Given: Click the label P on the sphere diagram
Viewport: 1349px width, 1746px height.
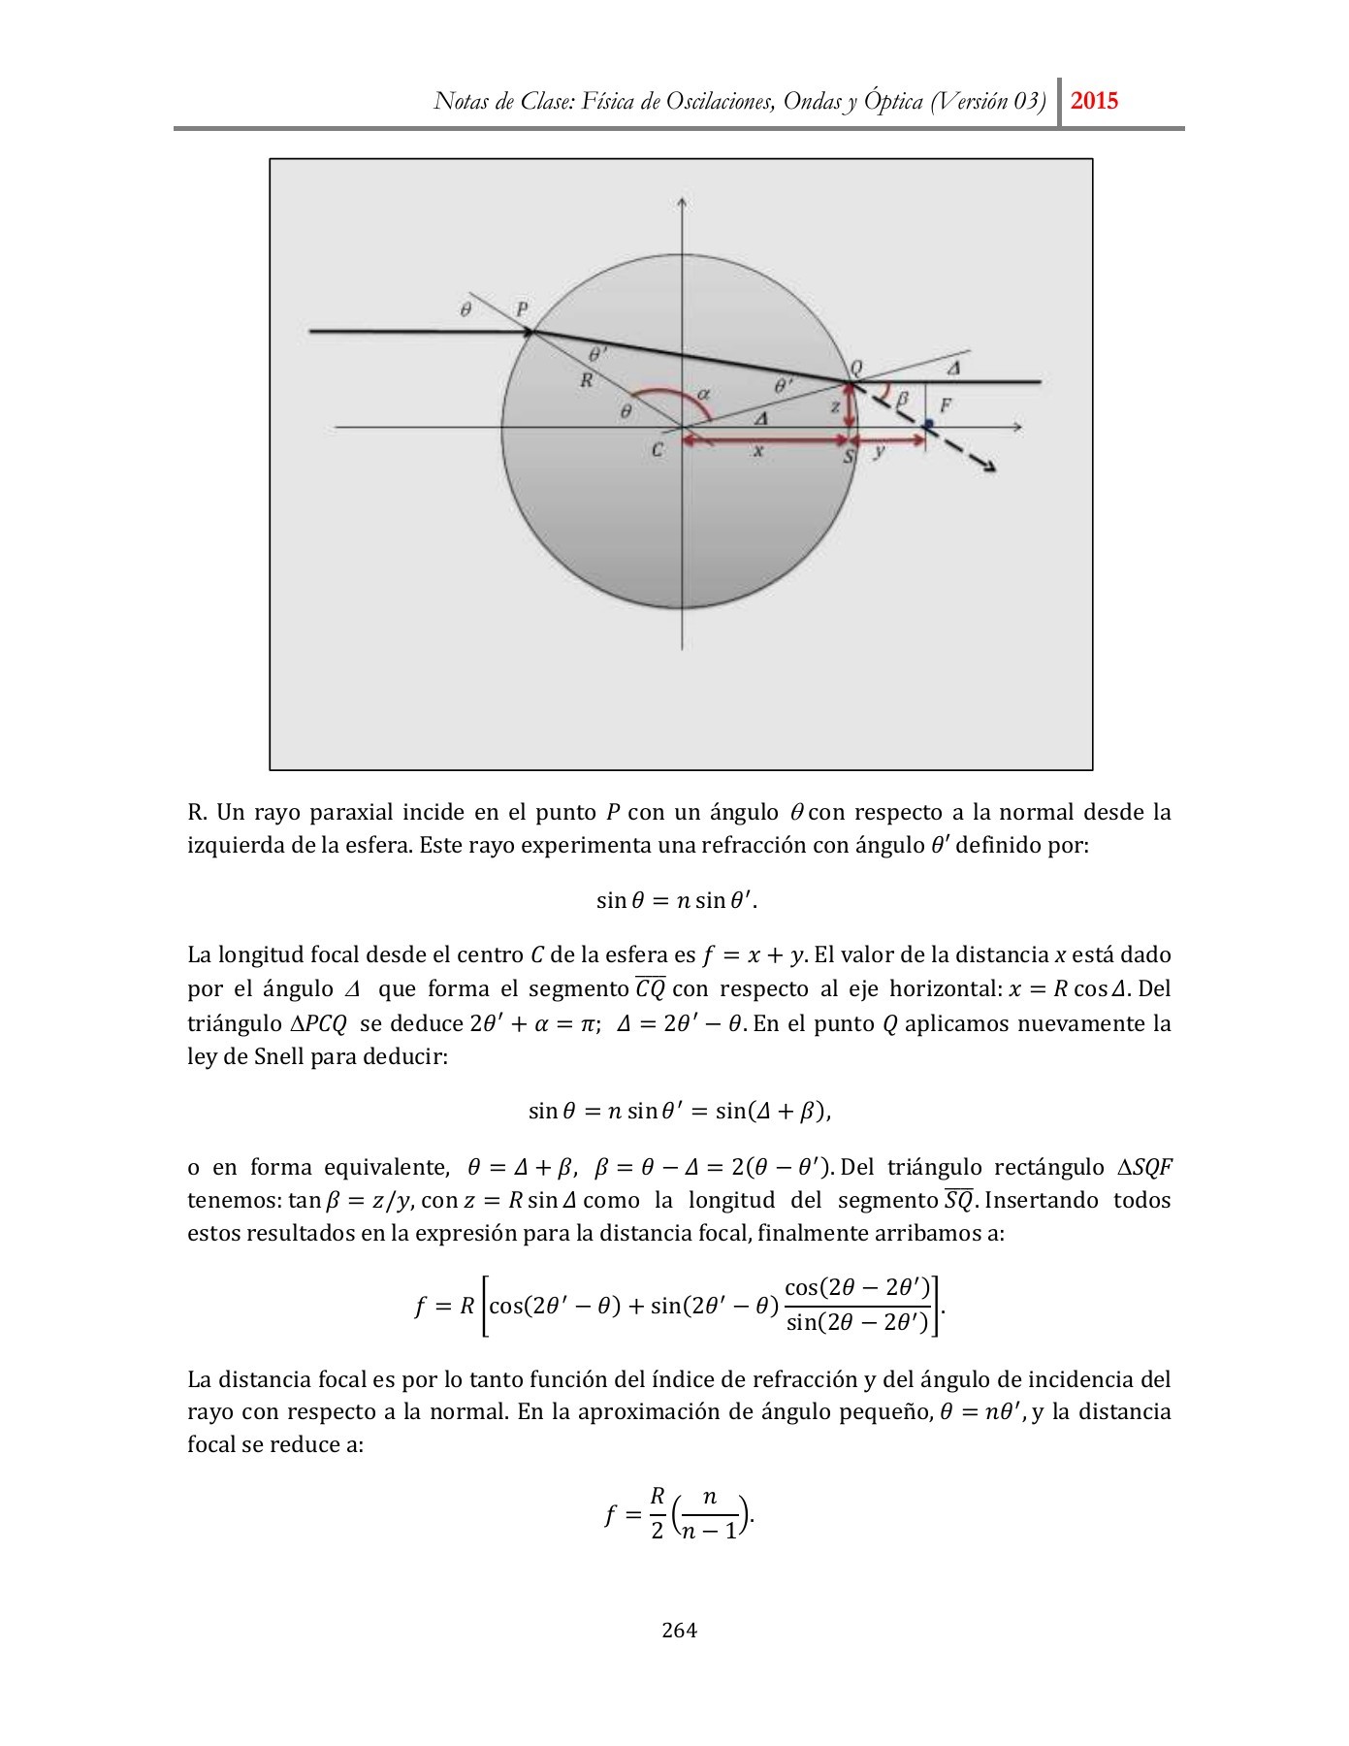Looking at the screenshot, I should click(523, 309).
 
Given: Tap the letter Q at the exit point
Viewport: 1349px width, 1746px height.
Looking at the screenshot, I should click(855, 368).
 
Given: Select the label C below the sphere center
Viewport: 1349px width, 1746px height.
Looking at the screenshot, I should click(658, 450).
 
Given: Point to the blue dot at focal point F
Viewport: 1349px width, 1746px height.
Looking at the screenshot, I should click(928, 424).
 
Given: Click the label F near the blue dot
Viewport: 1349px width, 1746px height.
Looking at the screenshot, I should click(945, 405).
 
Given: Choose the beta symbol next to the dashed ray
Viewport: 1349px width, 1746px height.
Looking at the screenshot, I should click(903, 398).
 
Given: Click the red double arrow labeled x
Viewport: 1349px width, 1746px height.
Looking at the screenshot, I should click(766, 440).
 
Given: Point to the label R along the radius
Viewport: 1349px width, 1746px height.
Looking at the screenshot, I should click(587, 381).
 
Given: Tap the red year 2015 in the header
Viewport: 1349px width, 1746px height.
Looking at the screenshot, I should click(1095, 101).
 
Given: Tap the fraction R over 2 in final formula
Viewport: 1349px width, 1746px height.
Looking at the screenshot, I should click(657, 1514).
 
